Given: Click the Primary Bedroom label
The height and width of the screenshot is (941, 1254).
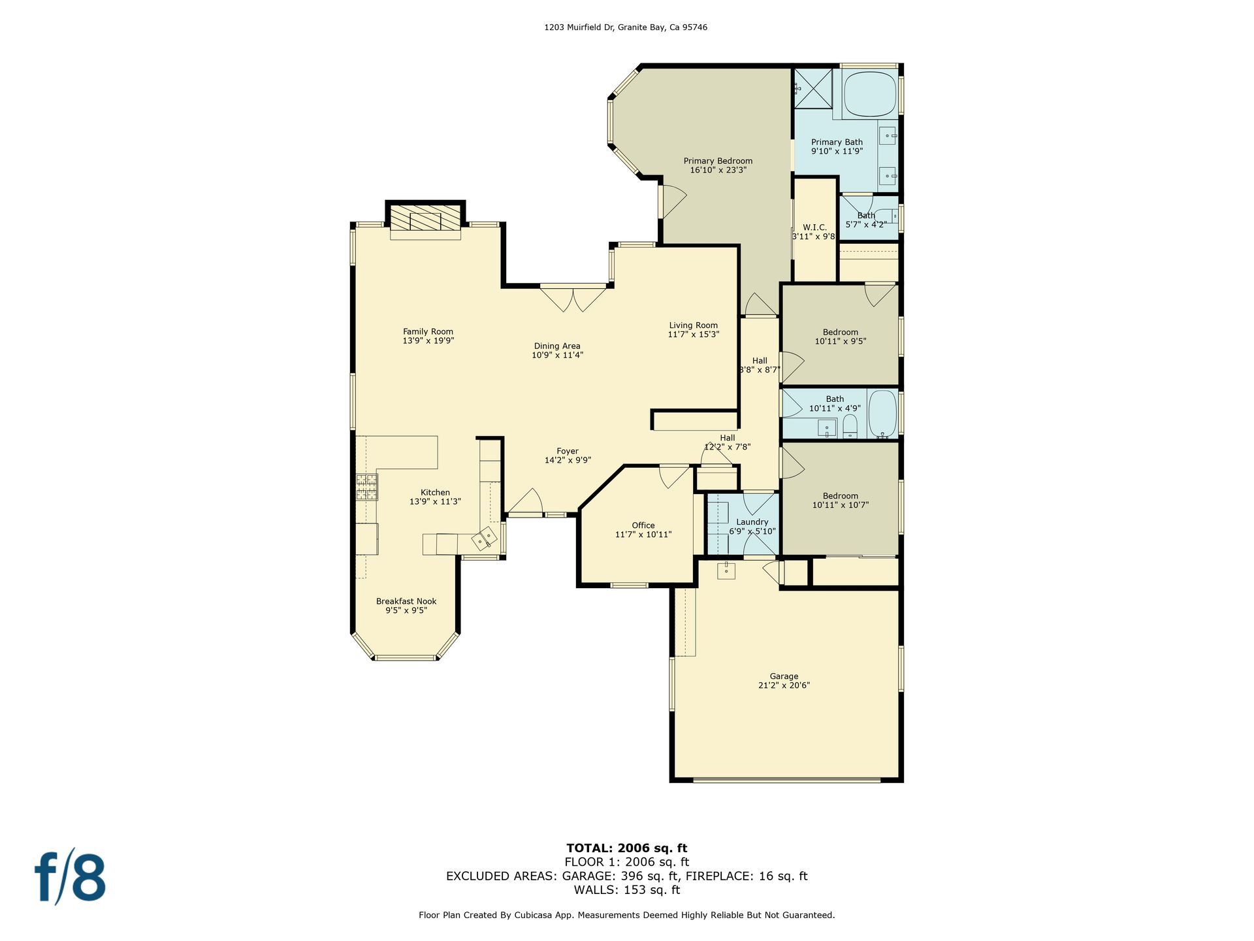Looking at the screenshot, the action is pyautogui.click(x=718, y=161).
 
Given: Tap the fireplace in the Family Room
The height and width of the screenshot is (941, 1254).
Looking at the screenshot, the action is pyautogui.click(x=425, y=221).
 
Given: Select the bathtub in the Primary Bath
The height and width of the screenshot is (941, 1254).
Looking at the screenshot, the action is pyautogui.click(x=871, y=94).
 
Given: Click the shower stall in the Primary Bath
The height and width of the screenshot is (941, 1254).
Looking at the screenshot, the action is pyautogui.click(x=812, y=87).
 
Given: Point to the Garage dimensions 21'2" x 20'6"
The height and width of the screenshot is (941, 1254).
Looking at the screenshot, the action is pyautogui.click(x=784, y=685).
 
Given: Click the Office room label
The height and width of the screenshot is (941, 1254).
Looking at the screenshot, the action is pyautogui.click(x=643, y=525).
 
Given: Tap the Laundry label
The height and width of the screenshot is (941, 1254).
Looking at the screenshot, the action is pyautogui.click(x=752, y=522).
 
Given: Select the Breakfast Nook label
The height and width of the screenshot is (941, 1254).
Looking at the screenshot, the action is pyautogui.click(x=406, y=601).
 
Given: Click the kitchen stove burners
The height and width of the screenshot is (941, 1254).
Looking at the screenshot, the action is pyautogui.click(x=367, y=487).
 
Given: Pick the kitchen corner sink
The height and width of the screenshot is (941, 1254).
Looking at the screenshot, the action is pyautogui.click(x=485, y=539).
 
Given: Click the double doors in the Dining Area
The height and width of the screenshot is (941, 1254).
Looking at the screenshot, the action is pyautogui.click(x=573, y=298).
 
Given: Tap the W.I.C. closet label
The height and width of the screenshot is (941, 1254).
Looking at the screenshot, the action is pyautogui.click(x=814, y=227).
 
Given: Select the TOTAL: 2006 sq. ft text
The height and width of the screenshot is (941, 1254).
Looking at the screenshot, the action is pyautogui.click(x=626, y=848).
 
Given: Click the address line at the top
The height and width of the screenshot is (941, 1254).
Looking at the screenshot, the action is pyautogui.click(x=626, y=27).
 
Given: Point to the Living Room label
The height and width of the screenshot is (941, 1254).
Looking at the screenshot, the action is pyautogui.click(x=693, y=325).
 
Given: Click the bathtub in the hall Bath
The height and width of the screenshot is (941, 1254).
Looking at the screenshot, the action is pyautogui.click(x=882, y=414).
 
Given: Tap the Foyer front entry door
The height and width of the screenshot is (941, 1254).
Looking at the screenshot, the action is pyautogui.click(x=526, y=503).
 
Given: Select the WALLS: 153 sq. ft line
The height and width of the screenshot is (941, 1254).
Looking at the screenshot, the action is pyautogui.click(x=626, y=890).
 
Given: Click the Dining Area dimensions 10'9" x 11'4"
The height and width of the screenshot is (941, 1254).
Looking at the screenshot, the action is pyautogui.click(x=557, y=355).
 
